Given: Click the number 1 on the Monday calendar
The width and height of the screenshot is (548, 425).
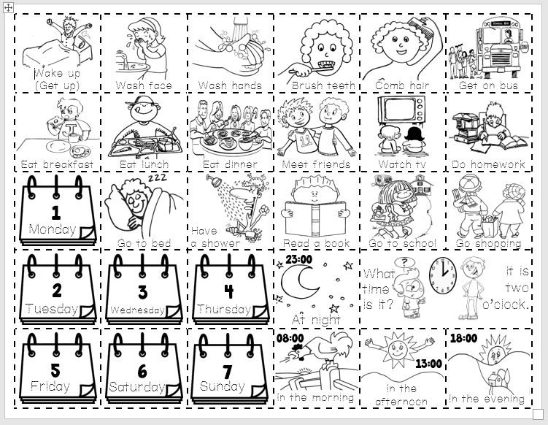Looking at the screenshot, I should (55, 213).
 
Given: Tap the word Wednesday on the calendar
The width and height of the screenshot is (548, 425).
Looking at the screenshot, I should (137, 310).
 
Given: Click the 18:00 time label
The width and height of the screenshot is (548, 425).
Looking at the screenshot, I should (463, 339).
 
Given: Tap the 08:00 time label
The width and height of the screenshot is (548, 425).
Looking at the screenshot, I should (290, 338).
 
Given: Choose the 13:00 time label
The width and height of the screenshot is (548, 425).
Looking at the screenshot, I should (428, 363).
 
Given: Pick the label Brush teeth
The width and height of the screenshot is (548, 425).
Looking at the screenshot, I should (323, 86).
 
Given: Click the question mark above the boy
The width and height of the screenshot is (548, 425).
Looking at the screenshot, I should (401, 263).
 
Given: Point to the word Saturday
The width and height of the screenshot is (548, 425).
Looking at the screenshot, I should (136, 387).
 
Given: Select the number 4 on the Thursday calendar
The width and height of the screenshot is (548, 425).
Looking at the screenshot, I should (228, 291).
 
